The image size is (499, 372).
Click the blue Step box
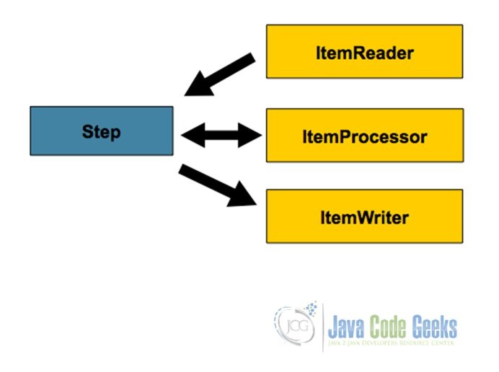101,130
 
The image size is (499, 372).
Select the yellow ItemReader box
364,52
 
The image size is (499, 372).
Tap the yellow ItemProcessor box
364,136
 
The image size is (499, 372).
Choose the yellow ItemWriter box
364,216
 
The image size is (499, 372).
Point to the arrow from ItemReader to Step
219,74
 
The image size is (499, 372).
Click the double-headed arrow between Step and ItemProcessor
220,133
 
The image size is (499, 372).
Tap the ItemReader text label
364,53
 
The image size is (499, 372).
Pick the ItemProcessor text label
364,136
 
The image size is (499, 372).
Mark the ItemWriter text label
364,216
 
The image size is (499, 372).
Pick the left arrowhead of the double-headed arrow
189,133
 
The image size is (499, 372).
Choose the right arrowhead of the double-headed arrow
252,133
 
